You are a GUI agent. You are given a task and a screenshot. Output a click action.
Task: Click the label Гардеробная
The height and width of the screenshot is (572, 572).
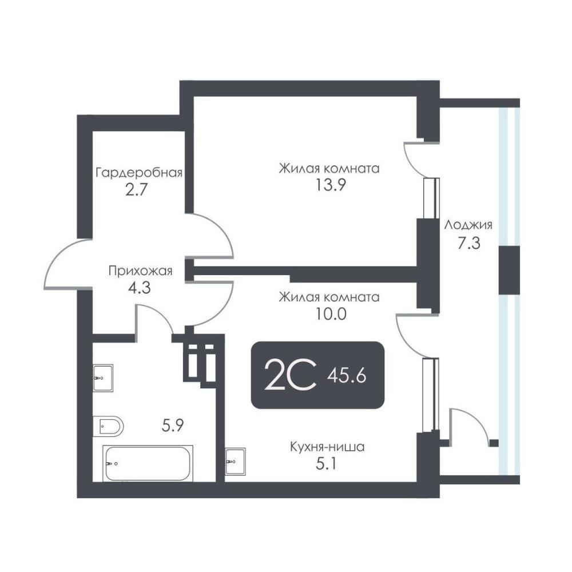click(x=139, y=173)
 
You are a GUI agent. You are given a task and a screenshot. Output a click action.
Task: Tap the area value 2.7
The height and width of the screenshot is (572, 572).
click(x=136, y=190)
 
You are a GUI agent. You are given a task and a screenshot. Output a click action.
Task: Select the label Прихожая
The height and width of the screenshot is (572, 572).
click(x=141, y=271)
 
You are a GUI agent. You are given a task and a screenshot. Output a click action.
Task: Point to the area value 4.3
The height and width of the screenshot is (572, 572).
click(x=140, y=288)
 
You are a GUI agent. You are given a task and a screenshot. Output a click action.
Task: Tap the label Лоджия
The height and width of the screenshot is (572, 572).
click(x=468, y=225)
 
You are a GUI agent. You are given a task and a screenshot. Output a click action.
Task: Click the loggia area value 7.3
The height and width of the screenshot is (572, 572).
click(x=469, y=243)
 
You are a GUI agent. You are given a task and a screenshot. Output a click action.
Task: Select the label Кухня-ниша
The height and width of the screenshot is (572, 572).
click(x=327, y=447)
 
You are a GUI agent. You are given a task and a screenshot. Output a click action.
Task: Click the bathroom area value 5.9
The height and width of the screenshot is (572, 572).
click(x=173, y=426)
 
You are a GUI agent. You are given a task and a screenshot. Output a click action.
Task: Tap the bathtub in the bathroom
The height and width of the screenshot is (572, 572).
click(x=148, y=463)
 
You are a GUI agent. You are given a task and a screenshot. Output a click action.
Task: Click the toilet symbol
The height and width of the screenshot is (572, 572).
click(x=108, y=426)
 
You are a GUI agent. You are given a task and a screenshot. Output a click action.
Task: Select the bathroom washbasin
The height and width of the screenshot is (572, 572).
click(x=103, y=378)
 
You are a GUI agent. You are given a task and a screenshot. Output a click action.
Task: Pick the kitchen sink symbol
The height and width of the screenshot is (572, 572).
click(x=235, y=461)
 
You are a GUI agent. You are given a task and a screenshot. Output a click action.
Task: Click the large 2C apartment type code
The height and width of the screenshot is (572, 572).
click(x=289, y=375)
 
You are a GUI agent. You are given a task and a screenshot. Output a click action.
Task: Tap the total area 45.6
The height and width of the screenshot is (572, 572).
click(x=347, y=376)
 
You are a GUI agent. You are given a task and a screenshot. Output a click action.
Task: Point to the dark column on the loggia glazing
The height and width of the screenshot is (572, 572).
click(x=509, y=271)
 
